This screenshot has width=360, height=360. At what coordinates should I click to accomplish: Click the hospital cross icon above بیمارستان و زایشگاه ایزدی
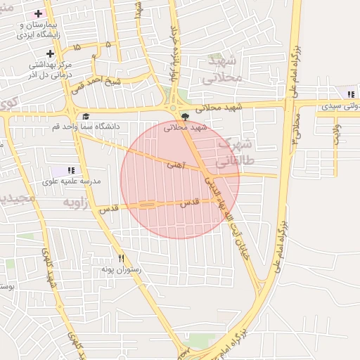(38, 13)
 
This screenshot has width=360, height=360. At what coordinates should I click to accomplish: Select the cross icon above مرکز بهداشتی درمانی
(50, 53)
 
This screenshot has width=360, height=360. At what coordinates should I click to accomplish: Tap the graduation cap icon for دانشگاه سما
(86, 117)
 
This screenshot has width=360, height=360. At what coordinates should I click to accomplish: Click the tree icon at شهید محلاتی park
(185, 116)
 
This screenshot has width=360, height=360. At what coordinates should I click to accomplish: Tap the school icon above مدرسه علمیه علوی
(70, 170)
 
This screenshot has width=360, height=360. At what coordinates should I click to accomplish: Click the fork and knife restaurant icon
(121, 259)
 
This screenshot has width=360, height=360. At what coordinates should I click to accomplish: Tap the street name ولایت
(336, 134)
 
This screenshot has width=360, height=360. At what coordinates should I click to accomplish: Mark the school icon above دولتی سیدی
(350, 94)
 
